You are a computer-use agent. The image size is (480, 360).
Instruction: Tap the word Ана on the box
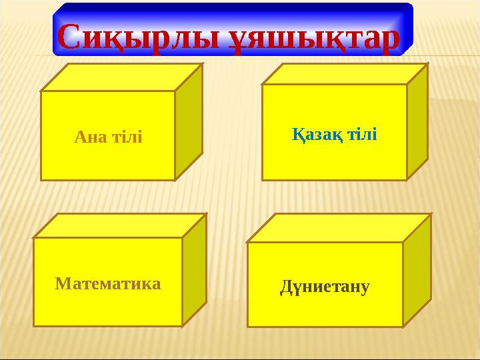point(87,137)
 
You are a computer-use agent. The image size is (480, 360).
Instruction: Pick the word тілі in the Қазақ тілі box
point(361,135)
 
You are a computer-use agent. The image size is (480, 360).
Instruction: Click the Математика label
point(108,284)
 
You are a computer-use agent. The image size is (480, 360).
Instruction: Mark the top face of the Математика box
point(120,225)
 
